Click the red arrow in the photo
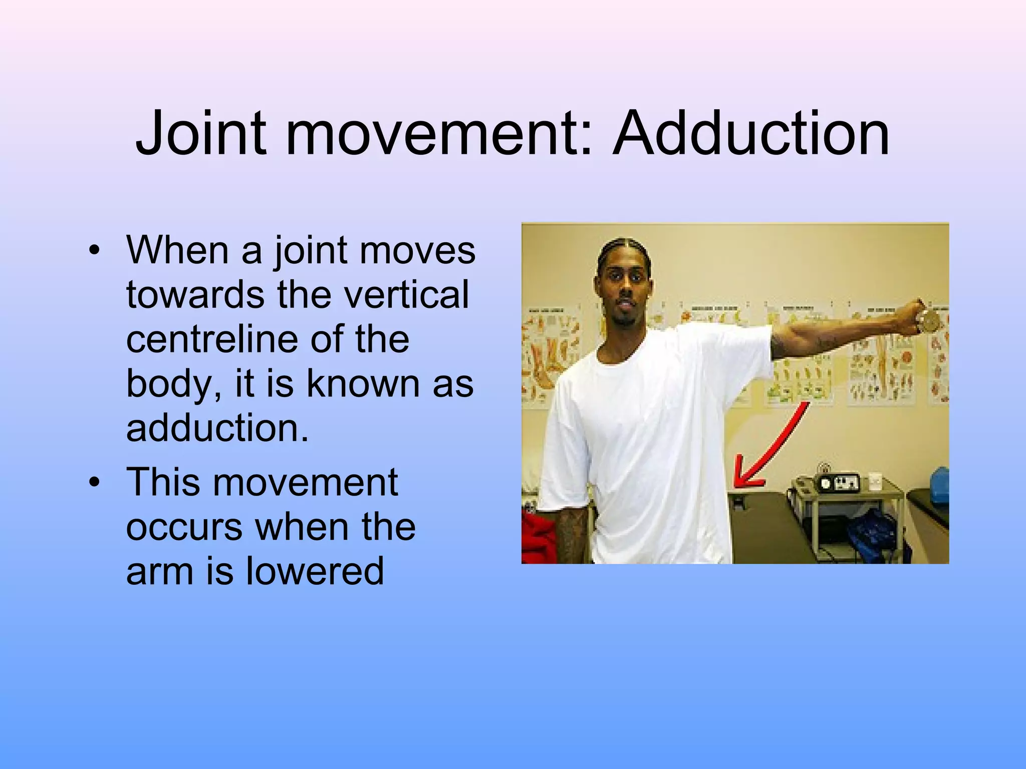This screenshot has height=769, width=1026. (772, 446)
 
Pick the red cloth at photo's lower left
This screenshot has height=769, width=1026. (536, 536)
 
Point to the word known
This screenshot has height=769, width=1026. (363, 383)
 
